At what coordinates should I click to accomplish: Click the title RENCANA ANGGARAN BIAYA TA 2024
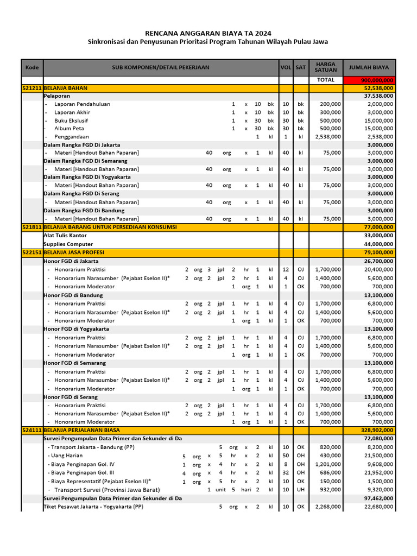click(208, 33)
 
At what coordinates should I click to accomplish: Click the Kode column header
click(32, 67)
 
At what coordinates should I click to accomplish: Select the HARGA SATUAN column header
click(326, 67)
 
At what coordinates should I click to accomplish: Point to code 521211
click(32, 88)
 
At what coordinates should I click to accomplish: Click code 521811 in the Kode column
click(32, 227)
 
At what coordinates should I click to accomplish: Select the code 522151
click(32, 252)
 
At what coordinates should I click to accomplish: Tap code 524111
click(32, 430)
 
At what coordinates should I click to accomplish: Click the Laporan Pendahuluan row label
click(82, 104)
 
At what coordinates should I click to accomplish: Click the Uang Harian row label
click(68, 456)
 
